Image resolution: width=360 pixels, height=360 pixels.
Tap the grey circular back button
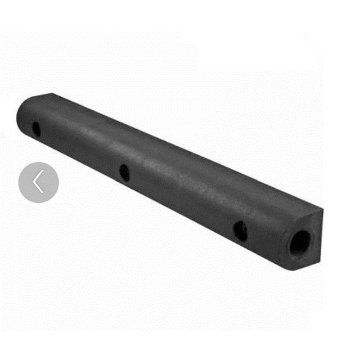click(39, 182)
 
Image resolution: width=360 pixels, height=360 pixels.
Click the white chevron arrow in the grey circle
click(38, 182)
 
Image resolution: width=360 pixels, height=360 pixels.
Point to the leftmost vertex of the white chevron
click(34, 182)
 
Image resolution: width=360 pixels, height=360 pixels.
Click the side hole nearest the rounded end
click(36, 130)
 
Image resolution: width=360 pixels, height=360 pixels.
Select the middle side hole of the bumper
click(124, 172)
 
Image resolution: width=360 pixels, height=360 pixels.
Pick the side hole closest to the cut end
click(240, 230)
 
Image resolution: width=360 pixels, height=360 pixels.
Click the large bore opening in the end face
click(300, 243)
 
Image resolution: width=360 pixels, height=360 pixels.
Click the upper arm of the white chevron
click(38, 177)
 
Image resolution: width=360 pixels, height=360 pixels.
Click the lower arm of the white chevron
click(38, 188)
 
